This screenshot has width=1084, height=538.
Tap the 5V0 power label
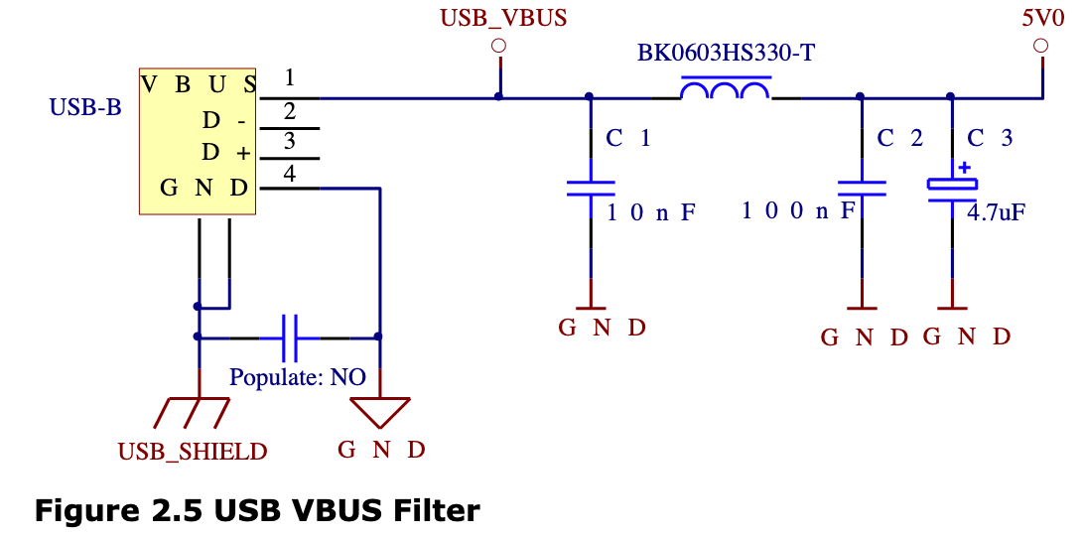click(x=1040, y=18)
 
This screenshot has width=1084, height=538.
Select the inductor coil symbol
click(x=725, y=92)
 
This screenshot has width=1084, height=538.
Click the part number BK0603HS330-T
click(x=725, y=53)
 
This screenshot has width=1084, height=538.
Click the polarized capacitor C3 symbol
click(x=952, y=188)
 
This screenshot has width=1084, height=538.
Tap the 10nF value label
click(x=651, y=211)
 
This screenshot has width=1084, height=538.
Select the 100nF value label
click(x=797, y=211)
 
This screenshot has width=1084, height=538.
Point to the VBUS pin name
click(x=199, y=83)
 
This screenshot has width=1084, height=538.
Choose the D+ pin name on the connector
click(x=224, y=153)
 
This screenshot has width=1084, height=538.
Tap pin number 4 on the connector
click(x=289, y=174)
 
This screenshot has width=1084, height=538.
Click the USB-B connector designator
click(x=85, y=107)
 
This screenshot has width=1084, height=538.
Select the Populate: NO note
click(x=298, y=378)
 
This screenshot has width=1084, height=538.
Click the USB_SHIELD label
click(x=193, y=452)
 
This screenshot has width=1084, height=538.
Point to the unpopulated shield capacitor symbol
click(x=289, y=337)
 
